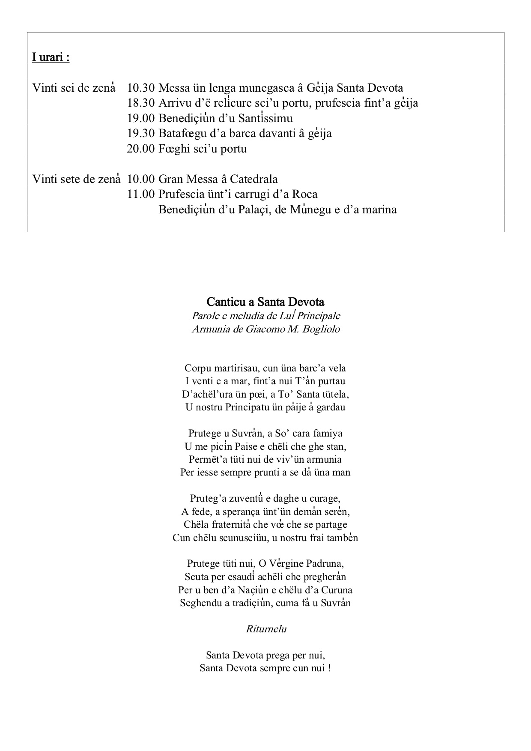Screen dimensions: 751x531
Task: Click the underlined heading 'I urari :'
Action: pyautogui.click(x=51, y=57)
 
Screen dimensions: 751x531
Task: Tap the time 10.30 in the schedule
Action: pyautogui.click(x=140, y=88)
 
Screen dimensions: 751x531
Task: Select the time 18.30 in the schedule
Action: pyautogui.click(x=140, y=103)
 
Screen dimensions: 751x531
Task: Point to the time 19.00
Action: pyautogui.click(x=140, y=118)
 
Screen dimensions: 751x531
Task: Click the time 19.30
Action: pyautogui.click(x=140, y=134)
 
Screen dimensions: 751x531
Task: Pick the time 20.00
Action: pyautogui.click(x=140, y=149)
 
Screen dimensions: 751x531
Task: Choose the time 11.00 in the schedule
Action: pyautogui.click(x=140, y=194)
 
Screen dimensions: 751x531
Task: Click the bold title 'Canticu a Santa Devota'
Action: pyautogui.click(x=265, y=302)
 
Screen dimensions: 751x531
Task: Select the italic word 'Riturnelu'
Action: pyautogui.click(x=266, y=629)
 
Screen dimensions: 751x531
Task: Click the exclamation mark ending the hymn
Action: pyautogui.click(x=329, y=668)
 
